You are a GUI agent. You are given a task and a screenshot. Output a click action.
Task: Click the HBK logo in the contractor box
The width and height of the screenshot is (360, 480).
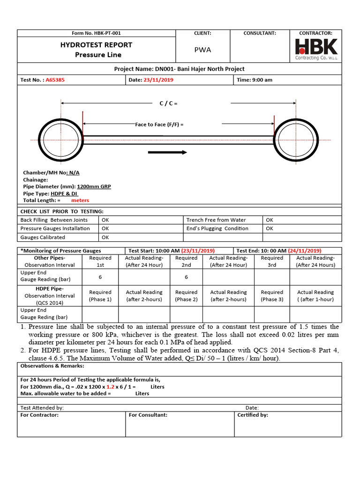(x=316, y=49)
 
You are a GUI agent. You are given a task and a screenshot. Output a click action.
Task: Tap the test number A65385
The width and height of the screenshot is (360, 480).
(x=55, y=80)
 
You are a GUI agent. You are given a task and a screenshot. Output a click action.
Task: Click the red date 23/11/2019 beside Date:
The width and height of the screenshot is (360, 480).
(x=158, y=80)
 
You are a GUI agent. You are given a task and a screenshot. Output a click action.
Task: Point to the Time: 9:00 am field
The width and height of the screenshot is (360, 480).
(x=255, y=80)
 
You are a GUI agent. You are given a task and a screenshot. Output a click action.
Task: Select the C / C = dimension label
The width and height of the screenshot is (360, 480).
(x=168, y=103)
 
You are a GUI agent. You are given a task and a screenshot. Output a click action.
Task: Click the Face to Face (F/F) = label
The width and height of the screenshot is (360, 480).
(x=159, y=124)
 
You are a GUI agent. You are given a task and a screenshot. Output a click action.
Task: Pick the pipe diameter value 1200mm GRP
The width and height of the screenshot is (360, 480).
(x=97, y=187)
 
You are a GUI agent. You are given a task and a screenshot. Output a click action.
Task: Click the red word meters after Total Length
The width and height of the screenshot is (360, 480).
(x=80, y=200)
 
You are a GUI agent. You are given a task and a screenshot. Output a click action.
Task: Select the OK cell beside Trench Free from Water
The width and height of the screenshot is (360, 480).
(x=269, y=220)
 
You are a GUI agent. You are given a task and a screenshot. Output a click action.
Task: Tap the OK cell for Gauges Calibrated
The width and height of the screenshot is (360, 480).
(x=105, y=238)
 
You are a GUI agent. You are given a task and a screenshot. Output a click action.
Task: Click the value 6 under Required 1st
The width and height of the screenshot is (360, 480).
(x=100, y=277)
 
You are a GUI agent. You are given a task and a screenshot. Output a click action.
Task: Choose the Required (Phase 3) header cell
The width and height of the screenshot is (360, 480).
(x=272, y=296)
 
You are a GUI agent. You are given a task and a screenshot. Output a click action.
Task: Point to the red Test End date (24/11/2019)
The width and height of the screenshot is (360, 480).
(x=304, y=250)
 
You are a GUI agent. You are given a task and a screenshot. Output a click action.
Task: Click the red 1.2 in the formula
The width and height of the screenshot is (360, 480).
(x=110, y=387)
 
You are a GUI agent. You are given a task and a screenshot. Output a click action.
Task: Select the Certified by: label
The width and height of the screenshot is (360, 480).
(x=253, y=415)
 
